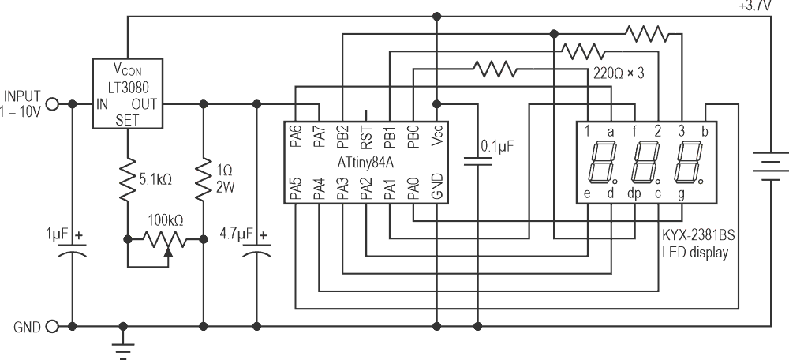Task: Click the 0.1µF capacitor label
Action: click(x=499, y=145)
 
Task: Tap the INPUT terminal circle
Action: click(x=53, y=103)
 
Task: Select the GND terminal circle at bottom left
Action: click(x=53, y=325)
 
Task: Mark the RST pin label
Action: click(x=366, y=138)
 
